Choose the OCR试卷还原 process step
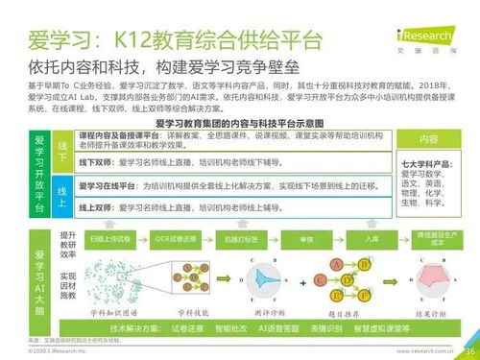tap(177, 236)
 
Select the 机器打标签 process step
tap(239, 236)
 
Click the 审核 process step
tap(306, 236)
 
